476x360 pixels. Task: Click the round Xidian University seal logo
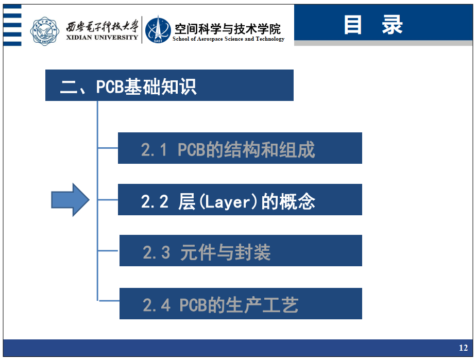(45, 31)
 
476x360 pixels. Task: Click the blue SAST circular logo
(158, 30)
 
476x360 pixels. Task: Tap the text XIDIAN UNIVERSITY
(102, 37)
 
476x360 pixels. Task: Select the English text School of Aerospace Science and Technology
(228, 39)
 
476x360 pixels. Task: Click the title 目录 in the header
(373, 25)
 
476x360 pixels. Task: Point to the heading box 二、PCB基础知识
(169, 85)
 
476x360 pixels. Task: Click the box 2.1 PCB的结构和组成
(240, 148)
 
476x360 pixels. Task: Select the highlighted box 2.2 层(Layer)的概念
(240, 200)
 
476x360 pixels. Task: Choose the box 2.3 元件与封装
(241, 251)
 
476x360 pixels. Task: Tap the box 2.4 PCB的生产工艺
(241, 303)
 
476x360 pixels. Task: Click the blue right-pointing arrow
(70, 200)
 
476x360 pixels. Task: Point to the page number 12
(463, 348)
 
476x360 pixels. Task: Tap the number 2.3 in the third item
(156, 252)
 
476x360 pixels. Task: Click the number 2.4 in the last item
(156, 305)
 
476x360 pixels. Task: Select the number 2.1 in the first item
(154, 150)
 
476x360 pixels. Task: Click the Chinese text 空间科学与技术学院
(228, 29)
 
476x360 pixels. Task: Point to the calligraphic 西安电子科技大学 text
(103, 27)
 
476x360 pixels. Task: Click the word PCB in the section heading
(110, 87)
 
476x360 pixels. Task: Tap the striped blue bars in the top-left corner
(12, 25)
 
